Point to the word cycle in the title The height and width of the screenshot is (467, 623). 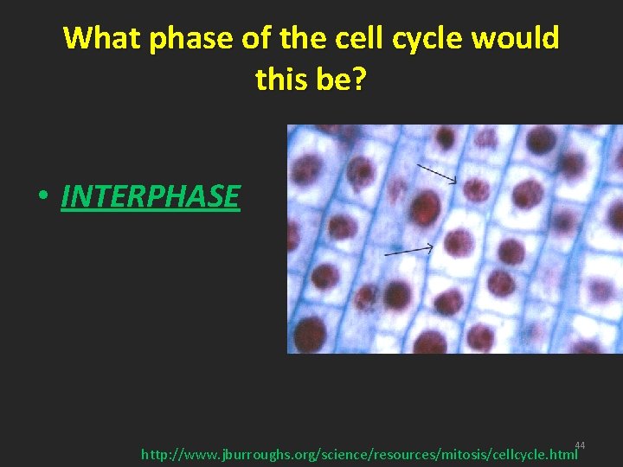[x=426, y=39]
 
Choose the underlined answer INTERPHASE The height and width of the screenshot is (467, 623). [x=151, y=196]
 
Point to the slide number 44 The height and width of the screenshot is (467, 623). [x=580, y=445]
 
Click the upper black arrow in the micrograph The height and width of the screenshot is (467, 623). [x=437, y=174]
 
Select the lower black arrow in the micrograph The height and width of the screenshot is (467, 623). [x=408, y=251]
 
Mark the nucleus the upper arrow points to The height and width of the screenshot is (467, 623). [x=475, y=189]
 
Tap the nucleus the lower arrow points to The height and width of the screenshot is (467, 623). [x=458, y=241]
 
